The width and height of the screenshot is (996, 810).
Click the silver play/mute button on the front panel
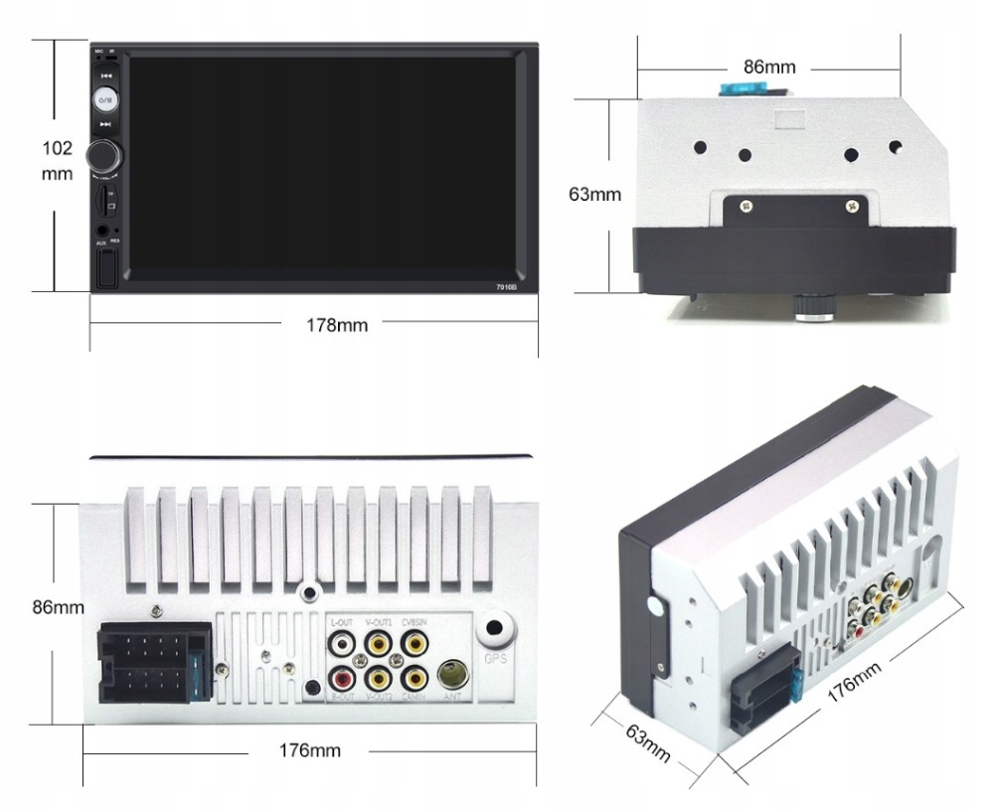click(106, 99)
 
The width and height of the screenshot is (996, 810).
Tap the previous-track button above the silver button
click(106, 75)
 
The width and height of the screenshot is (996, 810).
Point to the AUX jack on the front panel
click(101, 230)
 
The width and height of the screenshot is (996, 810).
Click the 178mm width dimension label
click(337, 326)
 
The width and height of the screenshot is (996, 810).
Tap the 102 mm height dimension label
click(58, 160)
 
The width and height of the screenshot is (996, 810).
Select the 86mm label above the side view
click(769, 68)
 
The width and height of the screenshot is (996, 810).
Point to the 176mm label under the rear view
click(308, 749)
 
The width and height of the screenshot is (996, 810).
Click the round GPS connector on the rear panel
click(494, 631)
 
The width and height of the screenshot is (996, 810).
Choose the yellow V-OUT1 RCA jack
click(378, 644)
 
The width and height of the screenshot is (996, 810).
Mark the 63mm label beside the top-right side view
click(594, 194)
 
